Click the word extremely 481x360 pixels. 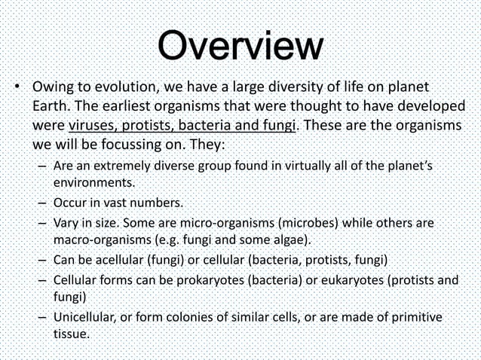[128, 166]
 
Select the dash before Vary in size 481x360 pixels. [42, 224]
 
